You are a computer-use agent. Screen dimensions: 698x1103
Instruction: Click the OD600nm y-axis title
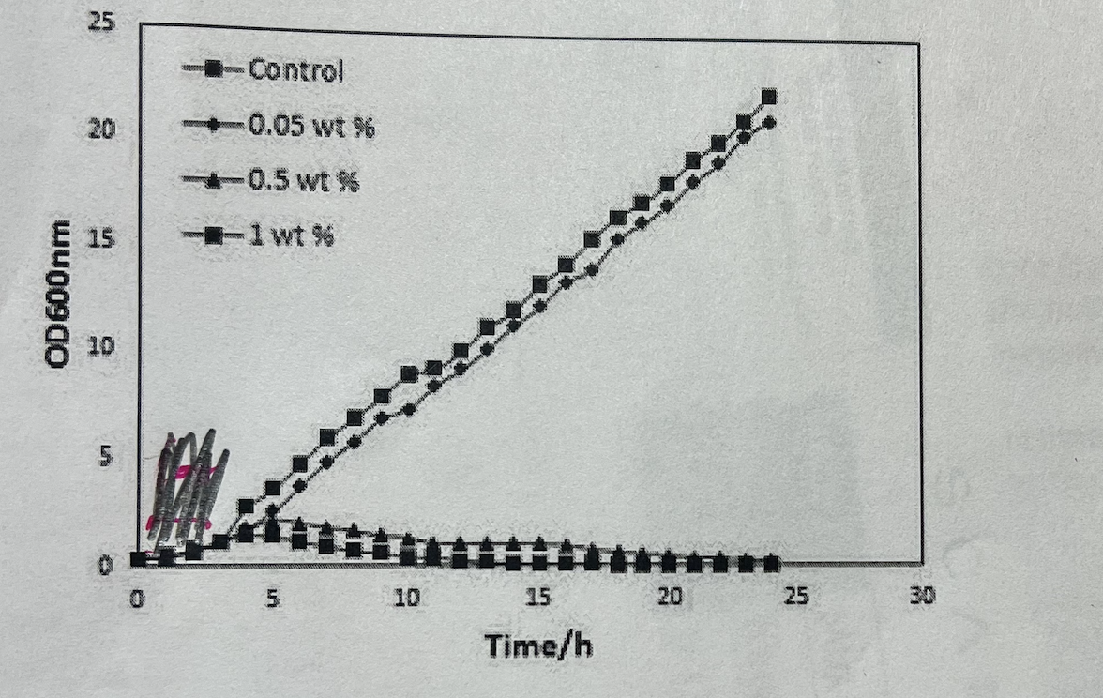click(x=61, y=294)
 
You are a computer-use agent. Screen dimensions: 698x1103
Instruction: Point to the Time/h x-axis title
click(x=538, y=645)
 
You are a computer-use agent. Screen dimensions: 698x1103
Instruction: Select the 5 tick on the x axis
click(x=272, y=597)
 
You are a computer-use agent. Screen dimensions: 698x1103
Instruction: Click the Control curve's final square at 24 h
click(x=769, y=97)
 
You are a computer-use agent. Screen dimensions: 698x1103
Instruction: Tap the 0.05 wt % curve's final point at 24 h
click(x=769, y=122)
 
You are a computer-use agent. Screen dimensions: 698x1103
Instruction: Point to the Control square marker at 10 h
click(x=409, y=373)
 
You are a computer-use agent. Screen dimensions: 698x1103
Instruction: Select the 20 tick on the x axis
click(x=668, y=596)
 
